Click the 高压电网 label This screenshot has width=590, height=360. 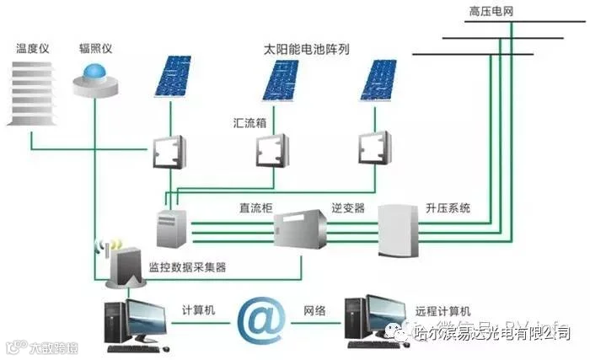coord(491,11)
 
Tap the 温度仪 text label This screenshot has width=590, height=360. coord(33,48)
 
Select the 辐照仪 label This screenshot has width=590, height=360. coord(95,48)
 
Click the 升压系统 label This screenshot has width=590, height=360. coord(447,207)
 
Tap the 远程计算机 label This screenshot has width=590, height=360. coord(443,310)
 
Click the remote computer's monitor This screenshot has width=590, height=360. coord(378,314)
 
